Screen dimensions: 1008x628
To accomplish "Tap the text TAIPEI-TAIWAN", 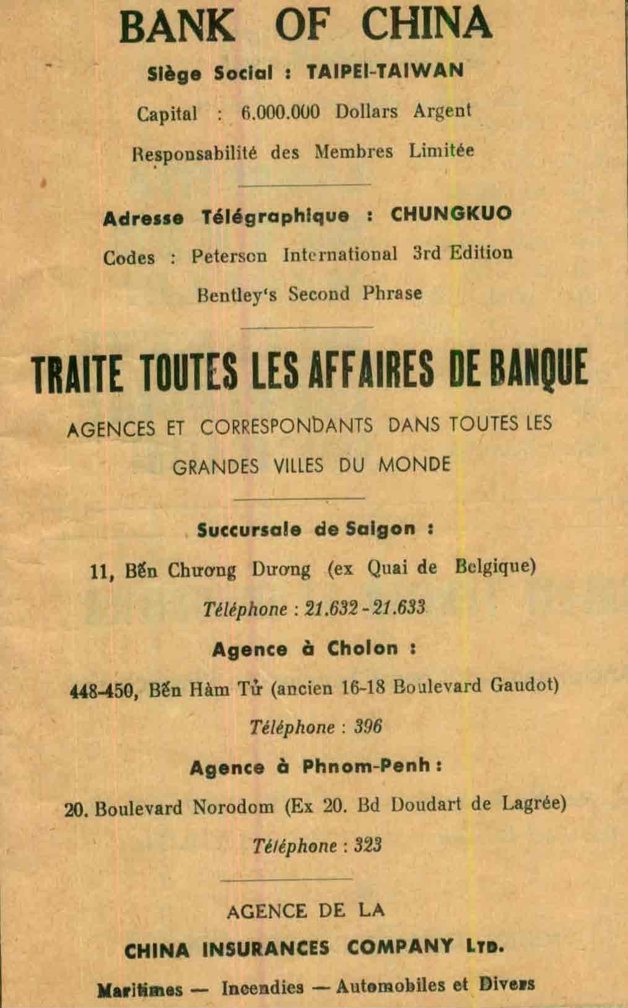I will coord(385,71).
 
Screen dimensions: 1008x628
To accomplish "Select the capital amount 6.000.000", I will coord(280,112).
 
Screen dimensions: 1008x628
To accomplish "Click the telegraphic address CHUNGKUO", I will coord(451,214).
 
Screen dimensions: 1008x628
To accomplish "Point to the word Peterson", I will coord(229,255).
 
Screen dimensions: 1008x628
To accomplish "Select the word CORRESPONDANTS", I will coord(287,426).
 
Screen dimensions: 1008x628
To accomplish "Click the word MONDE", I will coord(414,465).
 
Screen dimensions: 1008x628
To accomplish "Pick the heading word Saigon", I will coord(380,529).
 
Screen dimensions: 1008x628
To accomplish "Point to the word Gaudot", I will coord(524,686).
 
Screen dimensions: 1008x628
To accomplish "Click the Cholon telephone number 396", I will coord(368,726).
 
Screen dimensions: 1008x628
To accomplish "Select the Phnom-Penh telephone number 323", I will coord(368,845).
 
